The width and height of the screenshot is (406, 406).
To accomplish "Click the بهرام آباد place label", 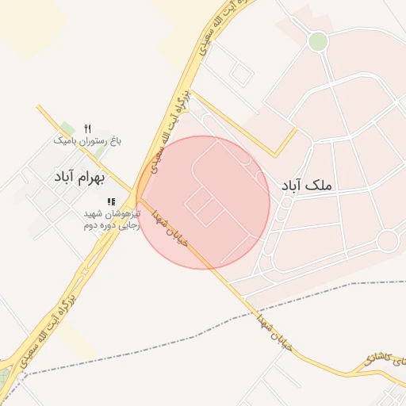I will [79, 176].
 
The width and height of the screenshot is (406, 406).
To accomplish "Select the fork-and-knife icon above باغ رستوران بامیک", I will [87, 128].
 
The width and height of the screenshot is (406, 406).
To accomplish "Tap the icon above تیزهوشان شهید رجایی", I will [111, 201].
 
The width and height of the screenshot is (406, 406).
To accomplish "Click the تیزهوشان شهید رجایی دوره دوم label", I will [111, 220].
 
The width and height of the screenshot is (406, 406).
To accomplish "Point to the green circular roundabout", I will [318, 41].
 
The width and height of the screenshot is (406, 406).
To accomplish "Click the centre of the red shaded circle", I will [203, 202].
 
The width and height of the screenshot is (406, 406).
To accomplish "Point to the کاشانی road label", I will [385, 358].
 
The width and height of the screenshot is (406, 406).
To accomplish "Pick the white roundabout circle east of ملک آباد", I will [388, 239].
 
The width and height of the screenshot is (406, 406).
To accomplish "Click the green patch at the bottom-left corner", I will [4, 379].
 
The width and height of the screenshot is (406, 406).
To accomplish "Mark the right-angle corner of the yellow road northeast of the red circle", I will [276, 155].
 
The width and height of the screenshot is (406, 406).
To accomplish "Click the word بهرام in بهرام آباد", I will [93, 176].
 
